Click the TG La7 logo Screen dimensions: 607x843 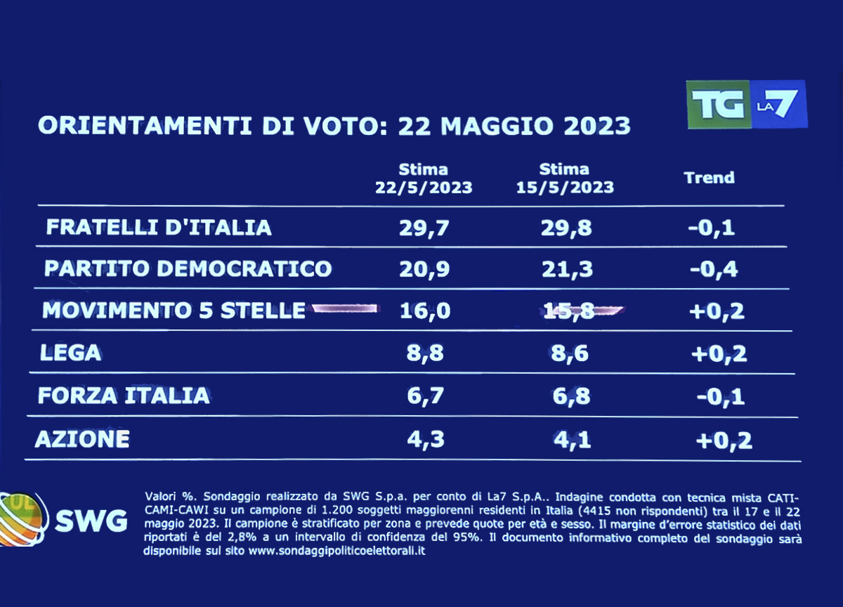click(746, 104)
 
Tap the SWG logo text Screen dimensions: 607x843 click(91, 521)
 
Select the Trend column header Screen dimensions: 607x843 click(709, 178)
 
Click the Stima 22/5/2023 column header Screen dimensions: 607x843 click(423, 178)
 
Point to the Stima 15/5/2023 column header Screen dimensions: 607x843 click(564, 178)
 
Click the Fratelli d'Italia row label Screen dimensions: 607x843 click(159, 228)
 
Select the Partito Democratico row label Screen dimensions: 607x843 click(188, 268)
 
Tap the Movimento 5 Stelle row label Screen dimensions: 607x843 click(174, 310)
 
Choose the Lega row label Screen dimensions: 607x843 click(70, 353)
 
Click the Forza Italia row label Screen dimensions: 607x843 click(124, 395)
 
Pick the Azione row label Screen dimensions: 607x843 click(82, 439)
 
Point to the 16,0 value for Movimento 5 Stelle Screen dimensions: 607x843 click(423, 310)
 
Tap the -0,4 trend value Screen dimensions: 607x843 click(712, 268)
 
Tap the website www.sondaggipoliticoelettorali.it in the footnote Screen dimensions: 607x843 click(337, 551)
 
